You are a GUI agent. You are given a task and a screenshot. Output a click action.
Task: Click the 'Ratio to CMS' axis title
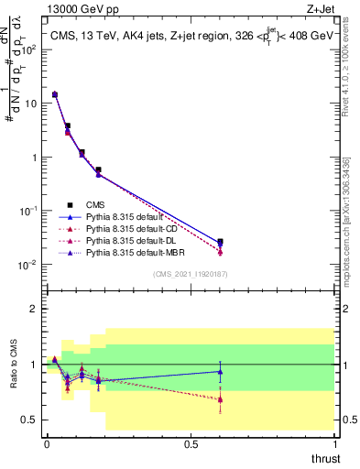click(x=14, y=363)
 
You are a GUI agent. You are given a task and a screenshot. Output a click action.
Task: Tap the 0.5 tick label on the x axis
click(x=191, y=444)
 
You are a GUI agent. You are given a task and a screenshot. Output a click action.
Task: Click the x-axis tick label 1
click(x=334, y=444)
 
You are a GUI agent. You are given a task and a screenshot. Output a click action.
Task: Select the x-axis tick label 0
click(x=47, y=444)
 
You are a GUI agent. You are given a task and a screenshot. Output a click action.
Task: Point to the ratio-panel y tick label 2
click(x=35, y=309)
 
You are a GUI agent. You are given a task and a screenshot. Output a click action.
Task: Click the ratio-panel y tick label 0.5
click(x=29, y=420)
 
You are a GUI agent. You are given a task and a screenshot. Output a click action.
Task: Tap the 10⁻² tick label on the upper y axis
click(x=30, y=265)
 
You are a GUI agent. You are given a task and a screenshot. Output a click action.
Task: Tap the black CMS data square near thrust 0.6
click(x=220, y=242)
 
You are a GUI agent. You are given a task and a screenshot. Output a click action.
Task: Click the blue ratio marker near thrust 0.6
click(x=220, y=371)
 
